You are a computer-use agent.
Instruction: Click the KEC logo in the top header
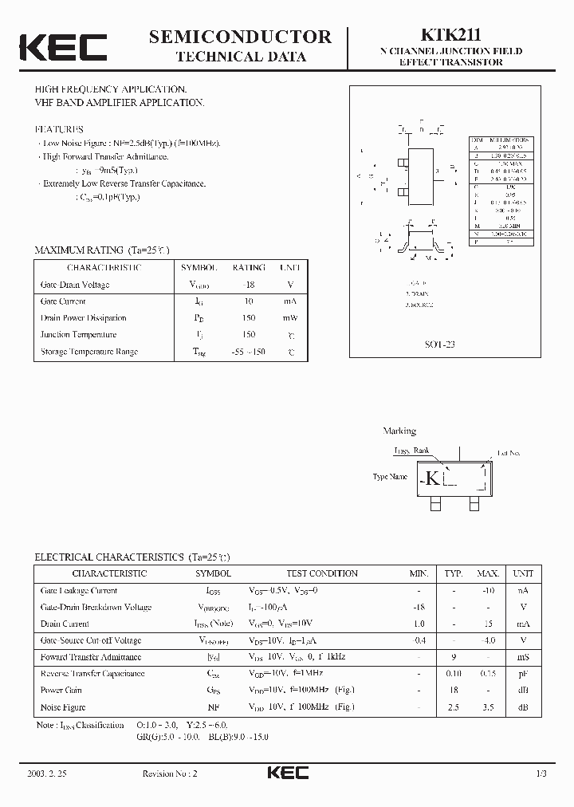click(63, 47)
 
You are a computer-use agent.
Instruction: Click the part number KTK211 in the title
click(450, 34)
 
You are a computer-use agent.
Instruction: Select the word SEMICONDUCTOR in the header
click(240, 36)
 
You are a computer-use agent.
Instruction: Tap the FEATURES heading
click(58, 128)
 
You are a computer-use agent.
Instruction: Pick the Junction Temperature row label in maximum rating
click(78, 335)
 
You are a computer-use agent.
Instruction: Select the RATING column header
click(248, 268)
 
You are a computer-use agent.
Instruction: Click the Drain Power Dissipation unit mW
click(290, 318)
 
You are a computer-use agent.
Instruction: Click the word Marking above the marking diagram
click(399, 431)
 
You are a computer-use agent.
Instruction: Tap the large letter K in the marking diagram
click(432, 478)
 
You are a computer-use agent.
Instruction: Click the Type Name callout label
click(391, 477)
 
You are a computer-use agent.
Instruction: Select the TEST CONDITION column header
click(322, 573)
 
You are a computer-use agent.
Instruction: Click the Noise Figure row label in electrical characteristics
click(63, 707)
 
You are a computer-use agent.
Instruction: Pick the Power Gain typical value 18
click(454, 691)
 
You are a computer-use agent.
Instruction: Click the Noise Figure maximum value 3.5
click(487, 707)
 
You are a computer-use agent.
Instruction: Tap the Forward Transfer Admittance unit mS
click(523, 657)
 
